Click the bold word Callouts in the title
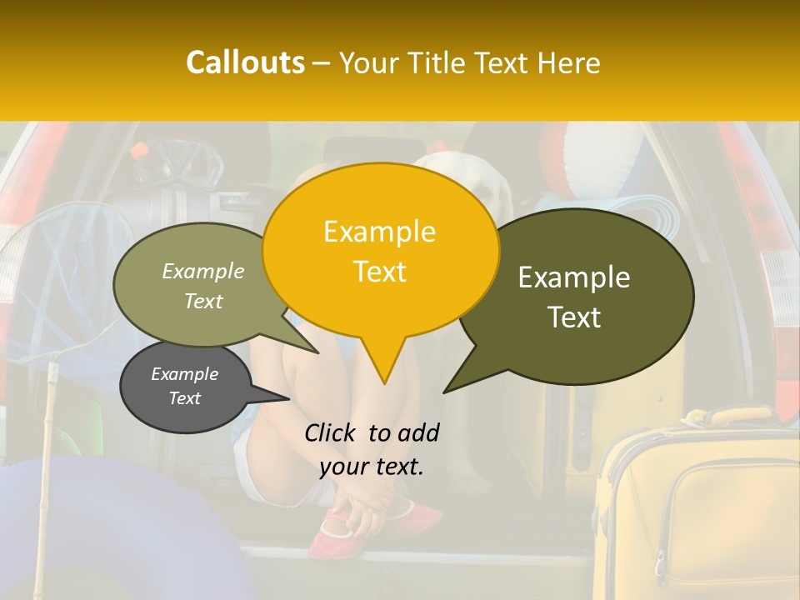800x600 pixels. click(x=245, y=63)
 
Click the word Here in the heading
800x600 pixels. click(x=569, y=63)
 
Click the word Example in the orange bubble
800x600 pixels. click(x=379, y=232)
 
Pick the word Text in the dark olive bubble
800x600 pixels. click(x=575, y=317)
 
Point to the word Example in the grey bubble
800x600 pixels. click(x=184, y=374)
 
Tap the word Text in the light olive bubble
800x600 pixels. click(x=203, y=302)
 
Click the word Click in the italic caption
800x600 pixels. click(x=330, y=432)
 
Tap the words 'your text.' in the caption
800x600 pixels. click(x=372, y=467)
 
